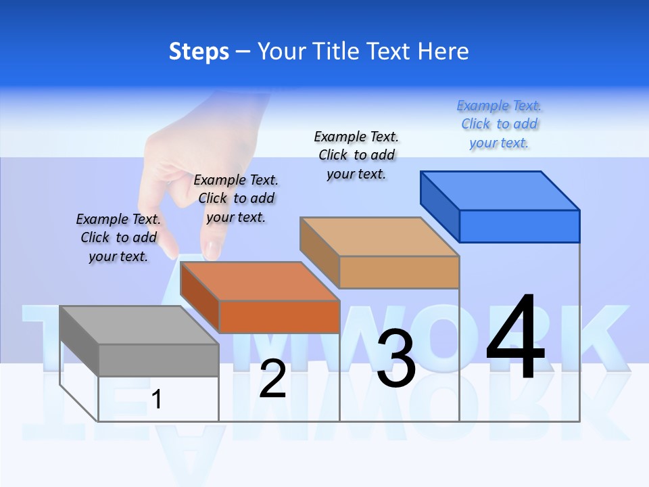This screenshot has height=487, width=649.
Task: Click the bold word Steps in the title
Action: tap(199, 51)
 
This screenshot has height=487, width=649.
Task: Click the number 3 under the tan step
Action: tap(396, 359)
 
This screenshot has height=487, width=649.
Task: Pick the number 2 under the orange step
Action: tap(272, 379)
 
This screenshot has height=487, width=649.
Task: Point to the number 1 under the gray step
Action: tap(157, 399)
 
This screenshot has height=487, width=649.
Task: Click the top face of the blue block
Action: tap(500, 191)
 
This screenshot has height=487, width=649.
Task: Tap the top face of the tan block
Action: tap(379, 237)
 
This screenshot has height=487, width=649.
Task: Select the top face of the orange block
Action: tap(260, 281)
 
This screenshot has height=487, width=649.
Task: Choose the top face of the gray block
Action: tap(139, 325)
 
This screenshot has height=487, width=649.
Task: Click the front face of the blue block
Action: tap(519, 226)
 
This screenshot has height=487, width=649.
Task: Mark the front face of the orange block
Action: tap(279, 317)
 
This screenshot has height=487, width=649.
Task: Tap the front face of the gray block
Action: tap(158, 360)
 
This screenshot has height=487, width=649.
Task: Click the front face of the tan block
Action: tap(399, 272)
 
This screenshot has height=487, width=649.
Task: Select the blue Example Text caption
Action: tap(499, 124)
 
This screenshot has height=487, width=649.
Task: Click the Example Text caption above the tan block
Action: tap(356, 155)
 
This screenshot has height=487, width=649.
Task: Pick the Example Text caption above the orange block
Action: tap(236, 198)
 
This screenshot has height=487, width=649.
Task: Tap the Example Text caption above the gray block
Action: tap(118, 237)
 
